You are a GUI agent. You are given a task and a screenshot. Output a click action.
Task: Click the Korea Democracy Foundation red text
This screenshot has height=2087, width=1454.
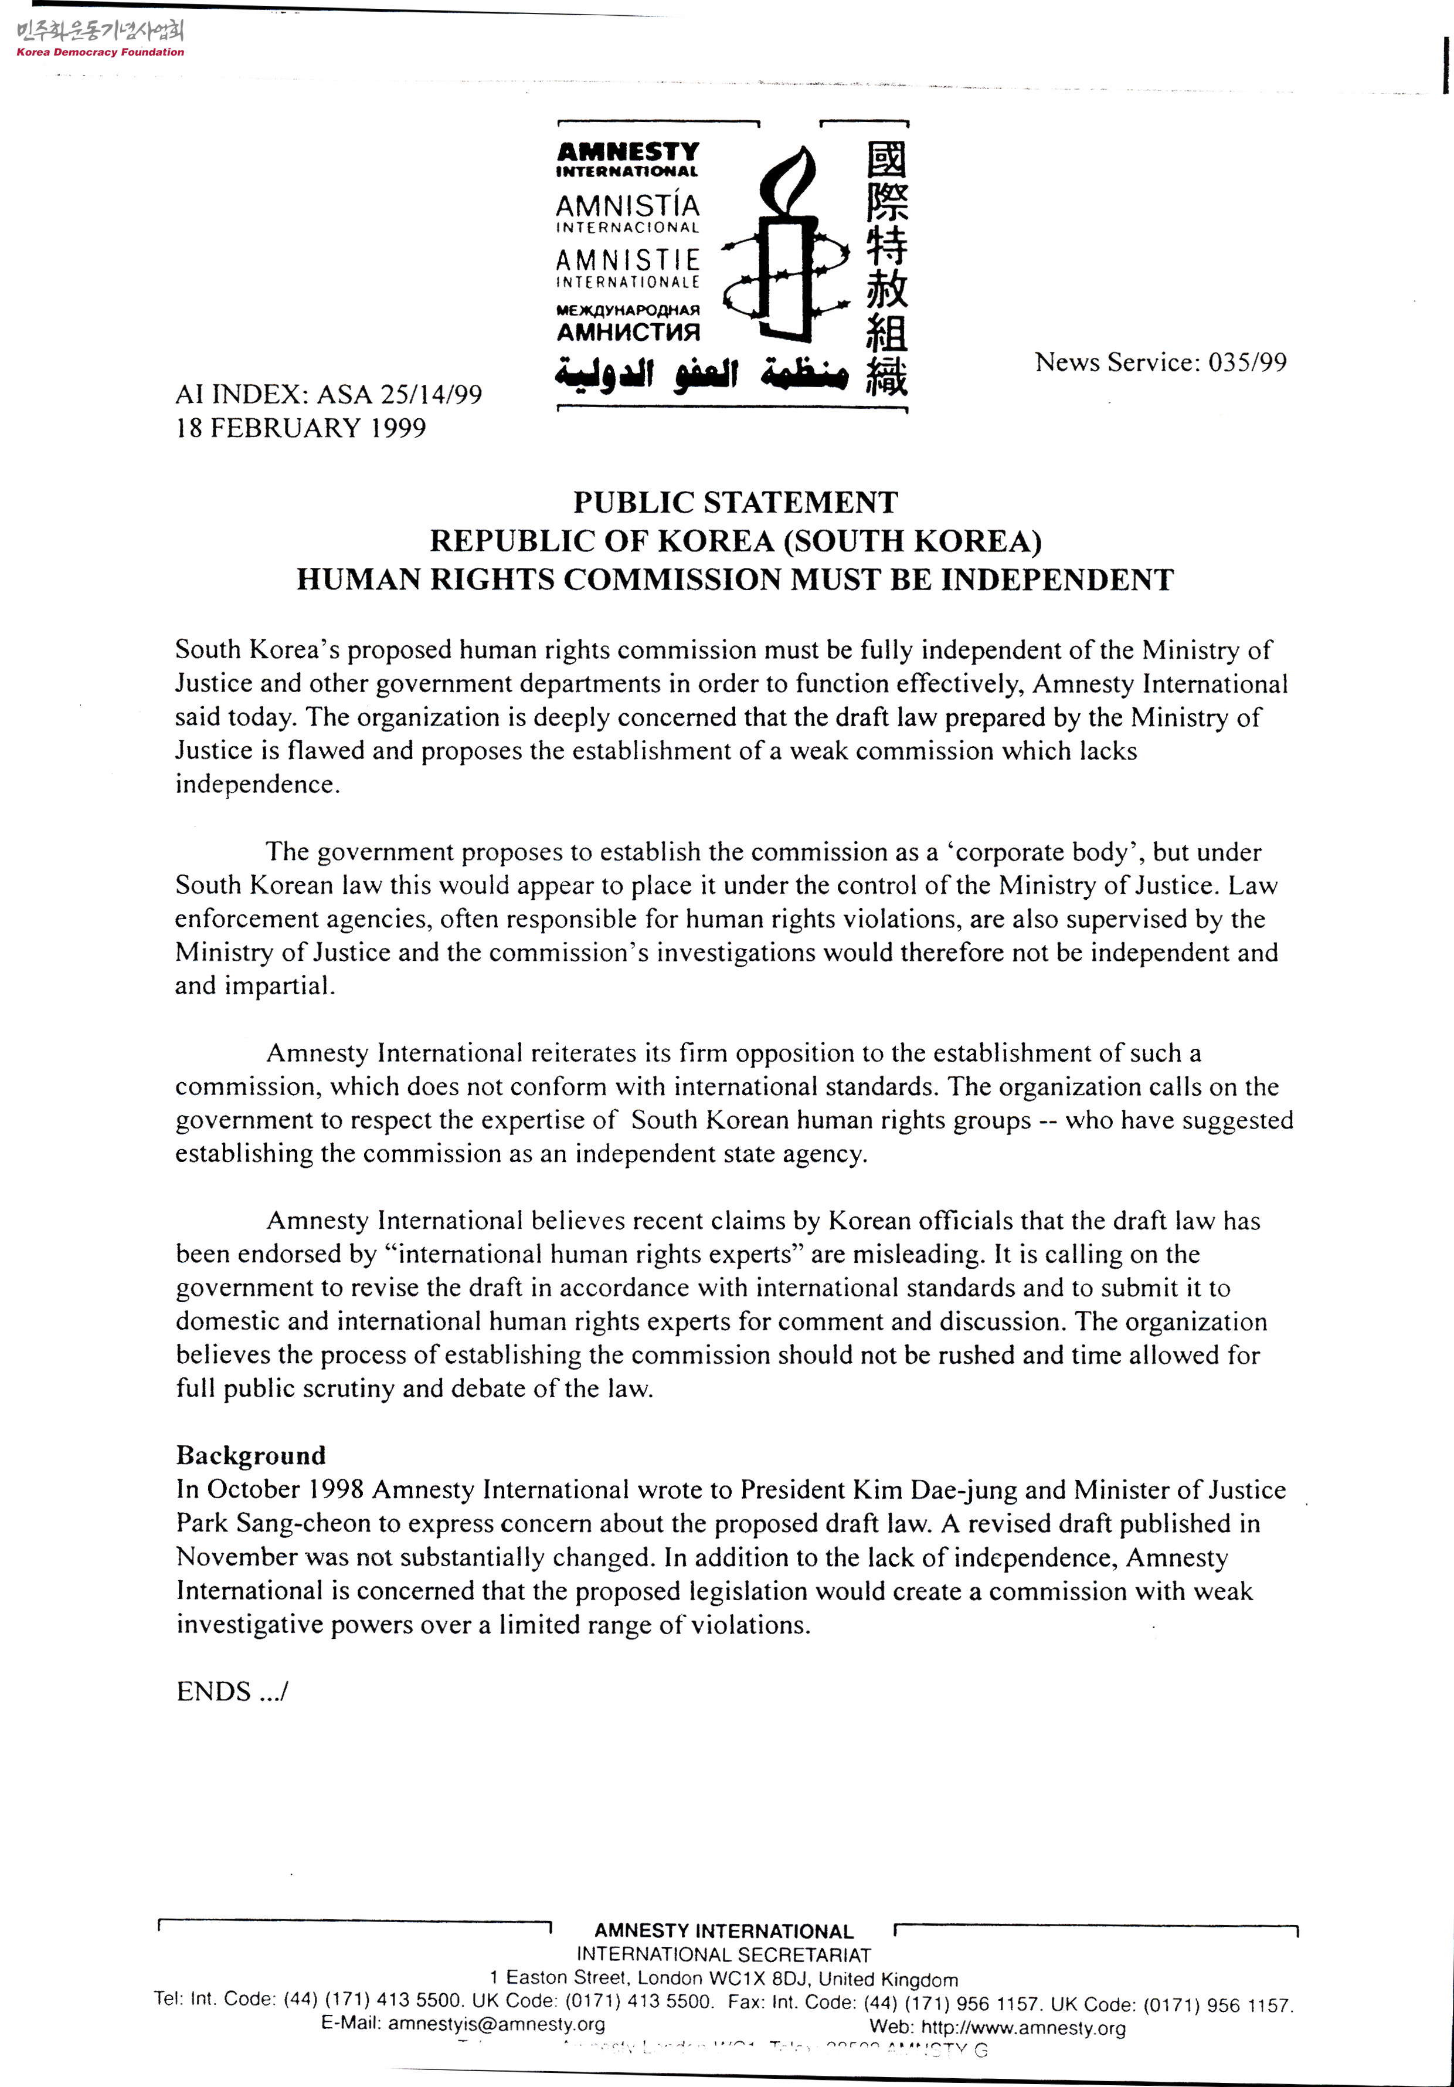coord(100,52)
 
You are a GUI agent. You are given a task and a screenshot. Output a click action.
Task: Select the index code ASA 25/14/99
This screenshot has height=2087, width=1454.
coord(399,395)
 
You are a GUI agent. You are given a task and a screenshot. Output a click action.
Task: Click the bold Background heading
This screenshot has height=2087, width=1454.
coord(251,1455)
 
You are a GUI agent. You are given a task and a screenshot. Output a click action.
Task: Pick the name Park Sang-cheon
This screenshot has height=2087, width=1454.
coord(274,1523)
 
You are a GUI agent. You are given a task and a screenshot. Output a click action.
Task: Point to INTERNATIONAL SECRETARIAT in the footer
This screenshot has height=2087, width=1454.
coord(723,1955)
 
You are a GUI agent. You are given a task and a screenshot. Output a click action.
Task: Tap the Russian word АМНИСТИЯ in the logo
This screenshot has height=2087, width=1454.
coord(628,333)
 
